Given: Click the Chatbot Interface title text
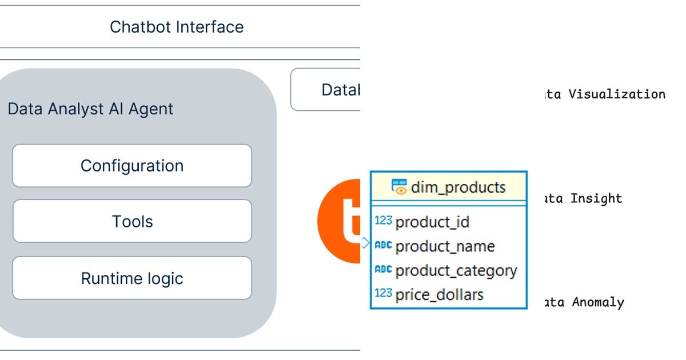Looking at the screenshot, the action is coord(177,27).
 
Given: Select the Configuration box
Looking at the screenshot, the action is coord(132,166).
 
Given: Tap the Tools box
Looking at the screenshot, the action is coord(132,221).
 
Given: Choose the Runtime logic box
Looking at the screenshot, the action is coord(132,278).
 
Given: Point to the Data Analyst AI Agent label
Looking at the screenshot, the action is coord(90,109).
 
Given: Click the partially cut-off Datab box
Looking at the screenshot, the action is coord(326,90).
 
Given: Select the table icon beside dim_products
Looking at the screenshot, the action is coord(399,187).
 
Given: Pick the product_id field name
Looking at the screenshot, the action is coord(432,222).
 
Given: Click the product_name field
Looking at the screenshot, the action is coord(445,246).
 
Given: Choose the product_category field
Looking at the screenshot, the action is coord(456,270).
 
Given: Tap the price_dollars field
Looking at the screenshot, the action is coord(439,294).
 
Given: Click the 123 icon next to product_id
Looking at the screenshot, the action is coord(383,221).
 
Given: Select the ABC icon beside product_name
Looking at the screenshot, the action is coord(383,246).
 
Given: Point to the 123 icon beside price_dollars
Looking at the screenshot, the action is coord(383,294).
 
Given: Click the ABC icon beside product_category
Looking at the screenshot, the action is coord(383,270).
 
